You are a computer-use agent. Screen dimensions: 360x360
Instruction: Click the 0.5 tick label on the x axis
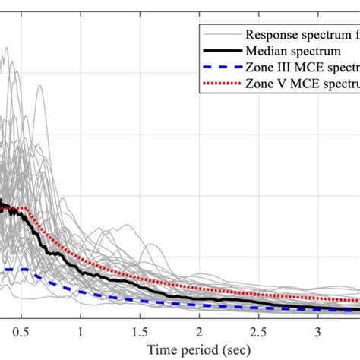(x=21, y=333)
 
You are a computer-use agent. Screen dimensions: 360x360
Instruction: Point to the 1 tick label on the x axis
(x=80, y=333)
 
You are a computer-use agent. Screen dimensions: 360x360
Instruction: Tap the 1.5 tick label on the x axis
(x=139, y=333)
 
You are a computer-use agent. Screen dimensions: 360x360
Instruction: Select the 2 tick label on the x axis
(x=199, y=333)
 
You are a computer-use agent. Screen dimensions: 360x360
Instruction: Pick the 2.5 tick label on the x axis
(x=258, y=333)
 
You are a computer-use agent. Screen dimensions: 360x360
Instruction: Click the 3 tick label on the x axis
(x=317, y=333)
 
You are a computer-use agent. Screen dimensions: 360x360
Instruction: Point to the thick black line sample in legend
(x=219, y=51)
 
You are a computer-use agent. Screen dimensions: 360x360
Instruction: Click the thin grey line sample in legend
(x=219, y=34)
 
